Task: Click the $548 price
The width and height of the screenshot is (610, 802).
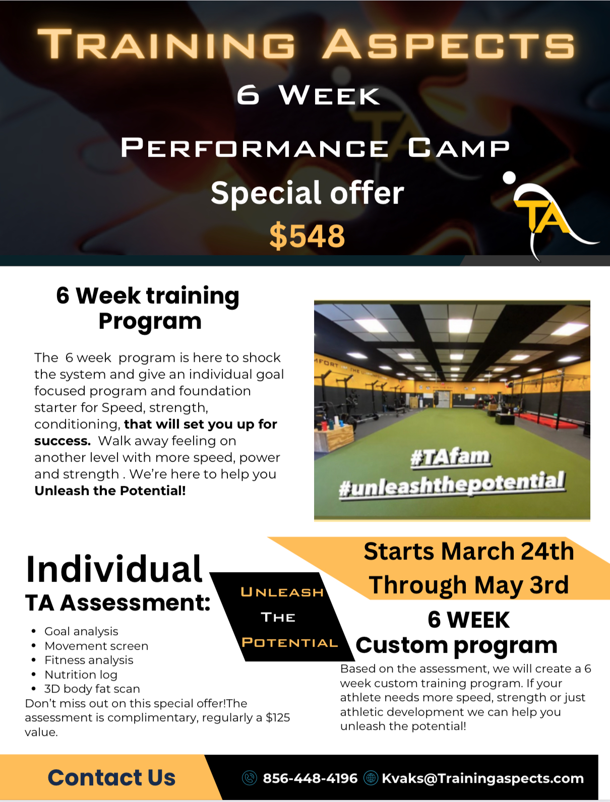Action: pyautogui.click(x=307, y=236)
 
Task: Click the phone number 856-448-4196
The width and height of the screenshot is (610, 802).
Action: pyautogui.click(x=310, y=778)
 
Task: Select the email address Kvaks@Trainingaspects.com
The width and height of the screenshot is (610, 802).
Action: pyautogui.click(x=482, y=778)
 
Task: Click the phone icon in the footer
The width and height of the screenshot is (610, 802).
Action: pyautogui.click(x=250, y=778)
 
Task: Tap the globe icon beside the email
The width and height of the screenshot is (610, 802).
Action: pyautogui.click(x=371, y=778)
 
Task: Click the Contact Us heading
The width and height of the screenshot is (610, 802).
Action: pyautogui.click(x=111, y=778)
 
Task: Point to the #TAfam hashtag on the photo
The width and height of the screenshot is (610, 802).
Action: pyautogui.click(x=450, y=457)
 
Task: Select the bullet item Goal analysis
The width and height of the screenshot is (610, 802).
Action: pyautogui.click(x=81, y=631)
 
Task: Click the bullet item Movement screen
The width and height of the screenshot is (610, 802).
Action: pyautogui.click(x=96, y=646)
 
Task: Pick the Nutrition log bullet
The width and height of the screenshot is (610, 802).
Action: pyautogui.click(x=81, y=674)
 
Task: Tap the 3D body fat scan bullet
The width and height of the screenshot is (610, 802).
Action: pyautogui.click(x=92, y=689)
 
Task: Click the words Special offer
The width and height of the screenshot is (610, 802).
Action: pyautogui.click(x=307, y=193)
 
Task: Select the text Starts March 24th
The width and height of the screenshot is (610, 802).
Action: pyautogui.click(x=469, y=551)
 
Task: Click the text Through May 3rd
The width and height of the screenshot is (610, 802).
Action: pyautogui.click(x=469, y=585)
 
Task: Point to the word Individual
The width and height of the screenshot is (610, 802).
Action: pyautogui.click(x=114, y=569)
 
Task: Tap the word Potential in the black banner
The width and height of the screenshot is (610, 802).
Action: pyautogui.click(x=290, y=643)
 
